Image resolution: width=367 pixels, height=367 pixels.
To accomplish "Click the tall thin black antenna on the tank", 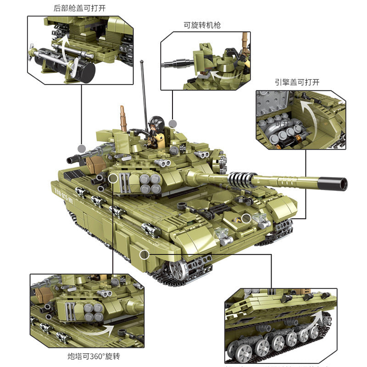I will point(144,92).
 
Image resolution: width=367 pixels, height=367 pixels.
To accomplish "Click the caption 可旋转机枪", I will point(202,25).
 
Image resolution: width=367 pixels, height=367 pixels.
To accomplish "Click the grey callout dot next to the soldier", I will point(172,123).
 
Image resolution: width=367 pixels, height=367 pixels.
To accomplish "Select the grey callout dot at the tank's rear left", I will point(82,148).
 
